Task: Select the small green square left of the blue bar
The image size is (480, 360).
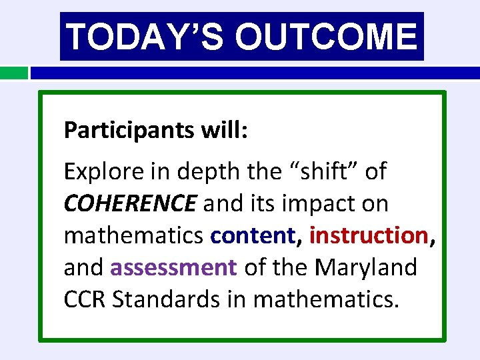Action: [13, 72]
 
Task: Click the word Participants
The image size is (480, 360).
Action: [126, 130]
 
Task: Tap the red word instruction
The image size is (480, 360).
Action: [369, 235]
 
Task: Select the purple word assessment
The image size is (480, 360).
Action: [173, 267]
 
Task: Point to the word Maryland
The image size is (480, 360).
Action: [366, 267]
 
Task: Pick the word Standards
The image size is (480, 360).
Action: [171, 299]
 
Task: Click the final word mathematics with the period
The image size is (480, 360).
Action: [327, 299]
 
